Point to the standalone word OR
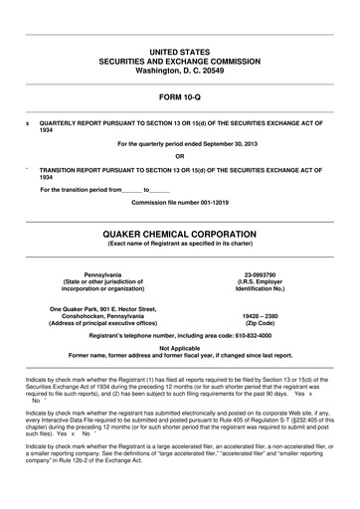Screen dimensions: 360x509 click(x=179, y=156)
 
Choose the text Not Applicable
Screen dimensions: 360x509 click(x=179, y=347)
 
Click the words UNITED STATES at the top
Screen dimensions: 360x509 click(x=179, y=50)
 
